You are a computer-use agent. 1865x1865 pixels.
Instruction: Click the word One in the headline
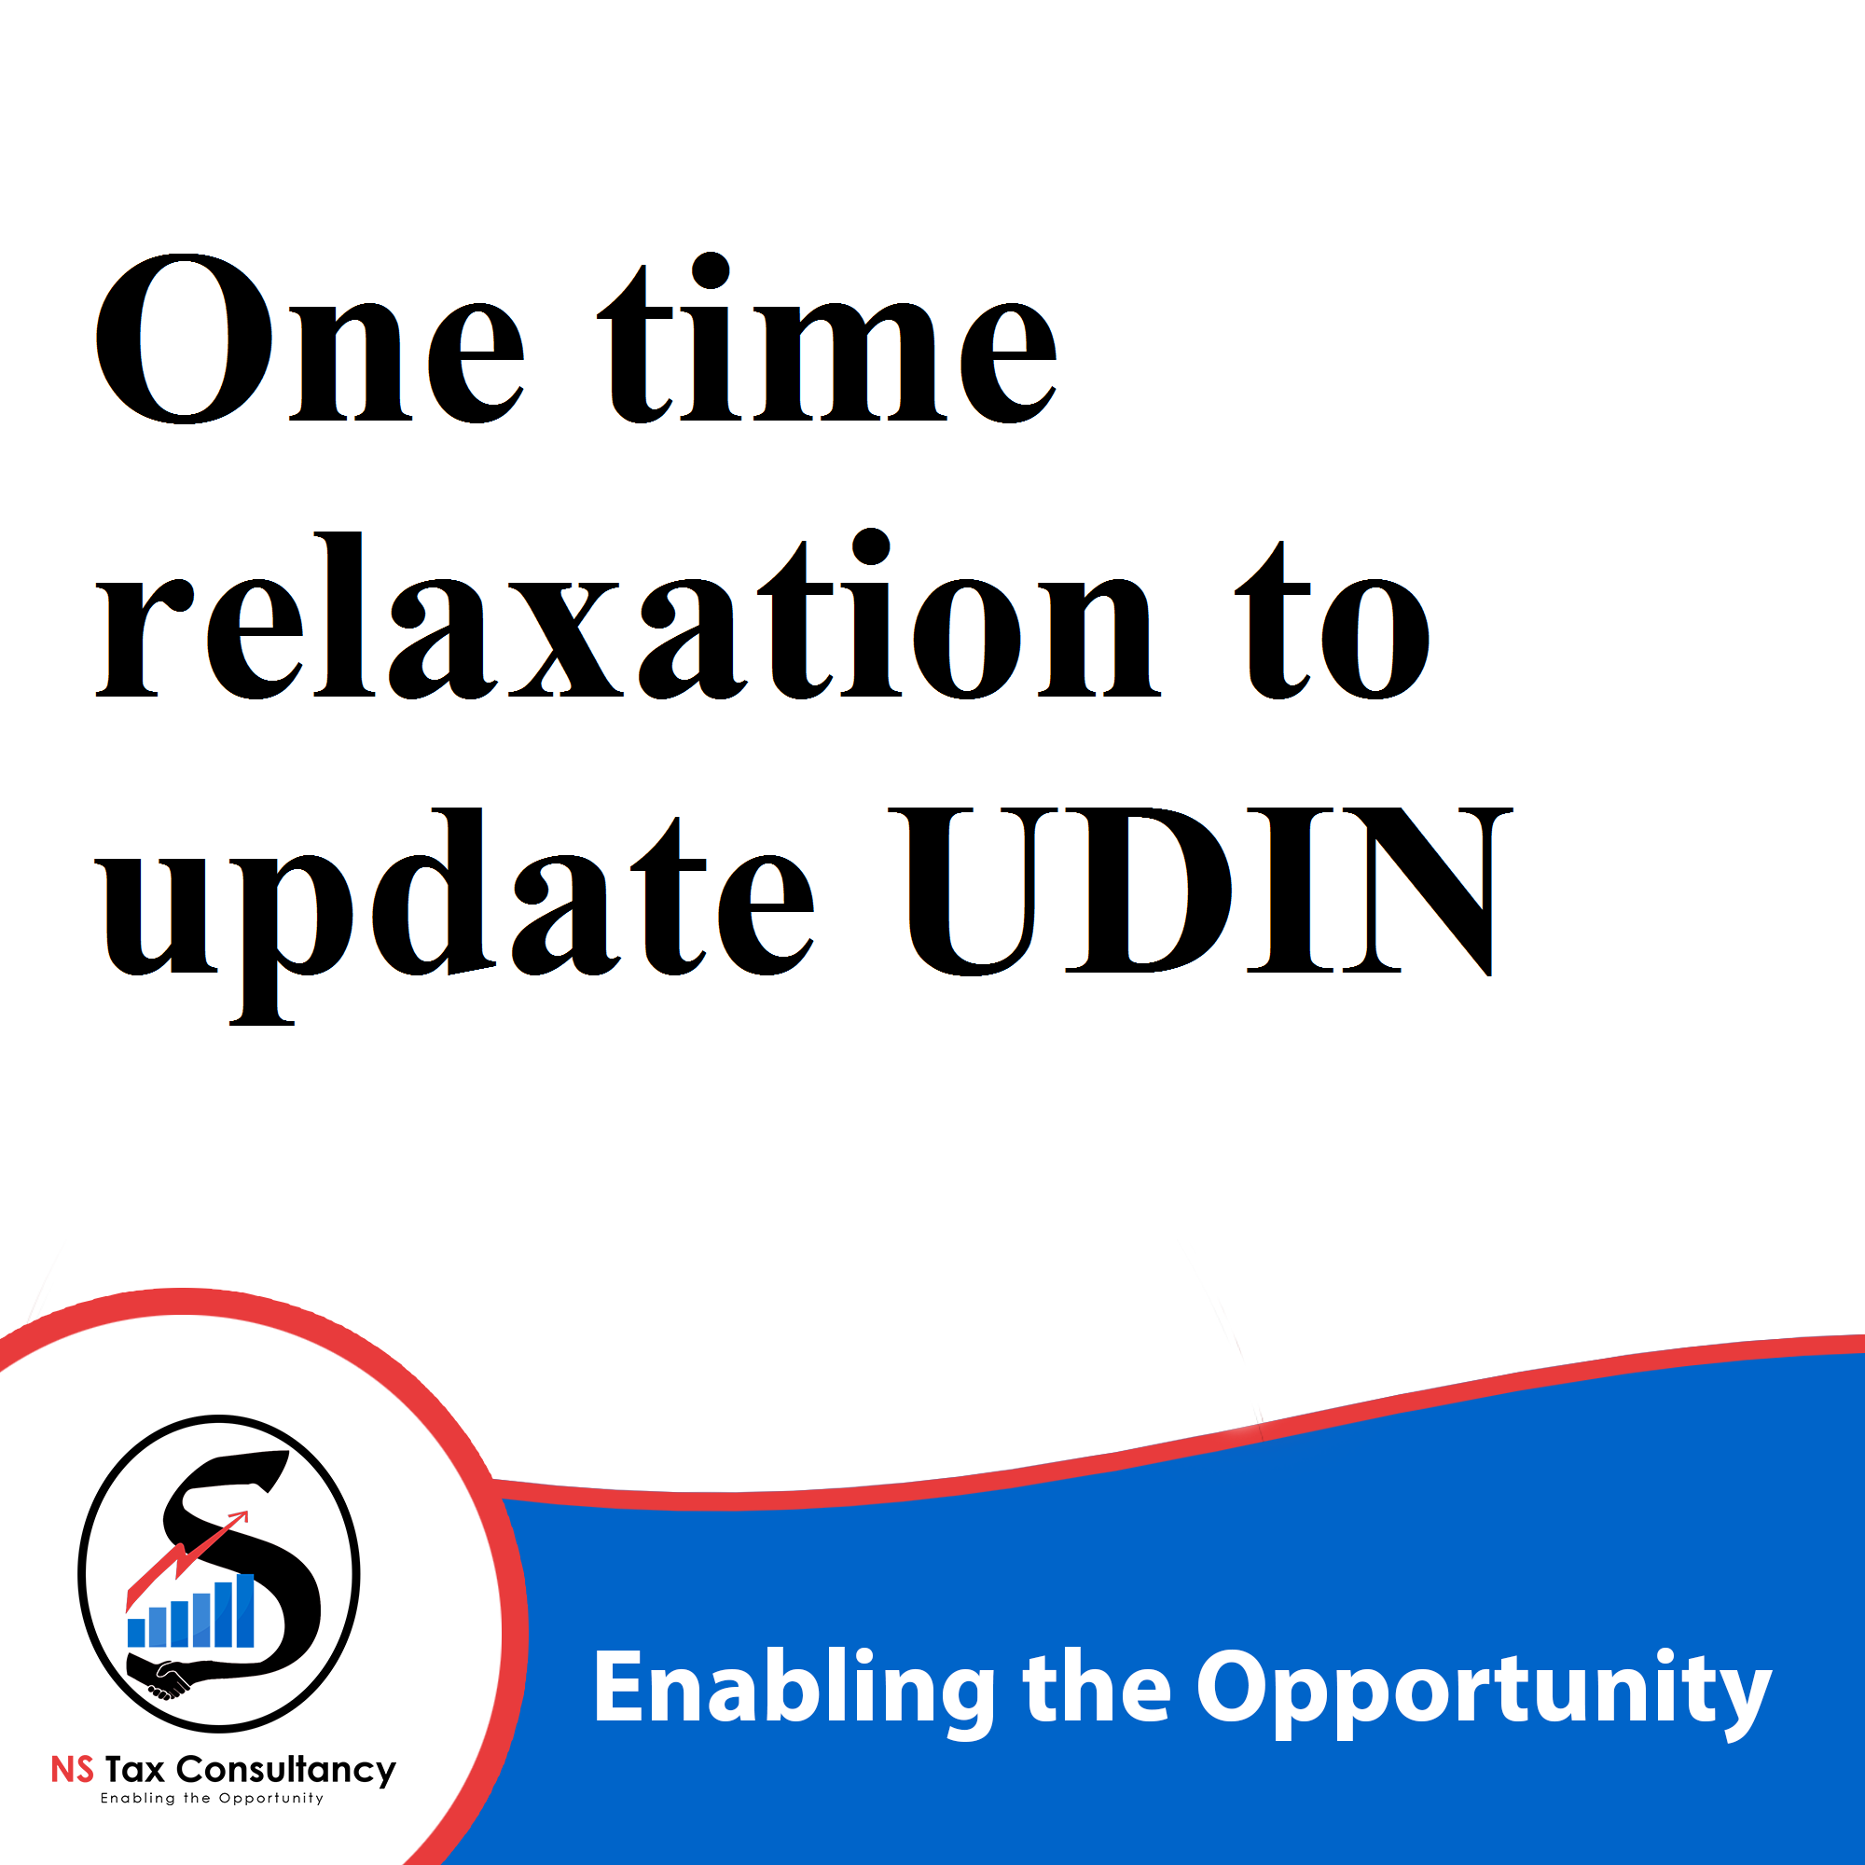pos(309,338)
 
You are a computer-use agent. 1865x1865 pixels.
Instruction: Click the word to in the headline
pos(1332,619)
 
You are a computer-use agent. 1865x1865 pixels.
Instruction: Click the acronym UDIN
pos(1200,891)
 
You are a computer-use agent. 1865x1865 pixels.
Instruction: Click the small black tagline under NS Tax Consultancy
pos(213,1799)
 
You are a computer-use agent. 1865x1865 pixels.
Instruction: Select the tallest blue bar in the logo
pos(245,1610)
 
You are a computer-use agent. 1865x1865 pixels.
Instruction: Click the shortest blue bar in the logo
pos(136,1633)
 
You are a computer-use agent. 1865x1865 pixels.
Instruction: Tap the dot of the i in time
pos(711,271)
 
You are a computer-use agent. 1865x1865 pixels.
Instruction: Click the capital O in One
pos(185,338)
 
